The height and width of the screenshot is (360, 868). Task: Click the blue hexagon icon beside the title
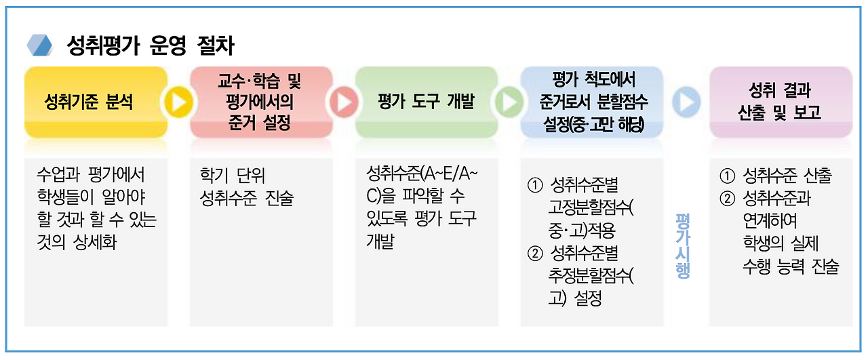pos(40,45)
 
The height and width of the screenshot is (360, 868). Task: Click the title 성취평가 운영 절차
pos(151,45)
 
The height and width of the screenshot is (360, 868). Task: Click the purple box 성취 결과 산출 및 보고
pos(780,102)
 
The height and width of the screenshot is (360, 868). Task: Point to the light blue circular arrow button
pos(686,102)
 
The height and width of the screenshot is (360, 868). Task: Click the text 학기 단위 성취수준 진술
pos(246,187)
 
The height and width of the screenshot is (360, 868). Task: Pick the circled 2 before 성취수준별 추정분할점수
pos(535,254)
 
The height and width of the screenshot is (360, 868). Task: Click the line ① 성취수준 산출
pos(776,176)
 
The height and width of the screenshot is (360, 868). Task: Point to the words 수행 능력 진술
pos(791,266)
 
